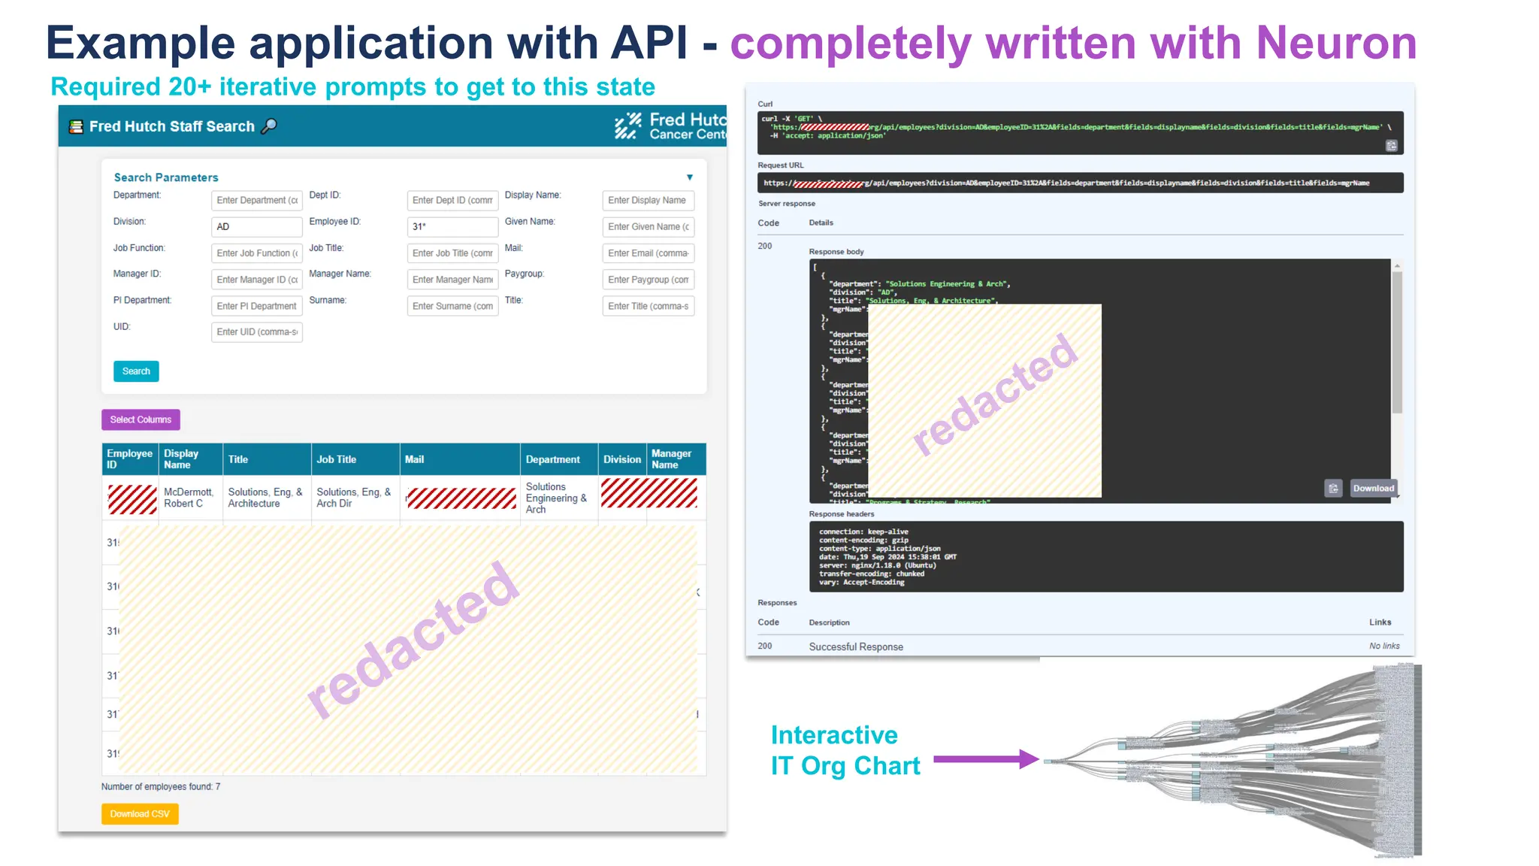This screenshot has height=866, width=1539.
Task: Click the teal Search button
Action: point(136,371)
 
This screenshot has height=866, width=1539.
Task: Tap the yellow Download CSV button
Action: point(140,814)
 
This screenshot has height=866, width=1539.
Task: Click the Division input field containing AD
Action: point(256,227)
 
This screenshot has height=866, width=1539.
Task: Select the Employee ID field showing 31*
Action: point(452,227)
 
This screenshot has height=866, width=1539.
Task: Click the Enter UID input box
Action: point(256,332)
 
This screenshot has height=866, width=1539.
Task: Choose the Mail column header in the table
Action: point(414,459)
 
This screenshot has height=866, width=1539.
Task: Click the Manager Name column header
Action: point(671,459)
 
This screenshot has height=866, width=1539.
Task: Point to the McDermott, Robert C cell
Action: point(189,498)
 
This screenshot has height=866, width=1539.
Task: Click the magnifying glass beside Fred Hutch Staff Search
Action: point(269,126)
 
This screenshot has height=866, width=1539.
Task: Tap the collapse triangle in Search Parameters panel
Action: point(689,177)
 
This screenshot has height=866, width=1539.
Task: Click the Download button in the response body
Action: point(1373,489)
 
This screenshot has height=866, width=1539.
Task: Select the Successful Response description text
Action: point(856,646)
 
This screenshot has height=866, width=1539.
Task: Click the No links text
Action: point(1384,646)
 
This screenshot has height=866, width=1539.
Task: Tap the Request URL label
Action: point(781,165)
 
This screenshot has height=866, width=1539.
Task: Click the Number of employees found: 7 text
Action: point(161,787)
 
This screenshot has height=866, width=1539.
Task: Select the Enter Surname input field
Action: point(452,306)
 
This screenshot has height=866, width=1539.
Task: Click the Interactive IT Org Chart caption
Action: point(845,750)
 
